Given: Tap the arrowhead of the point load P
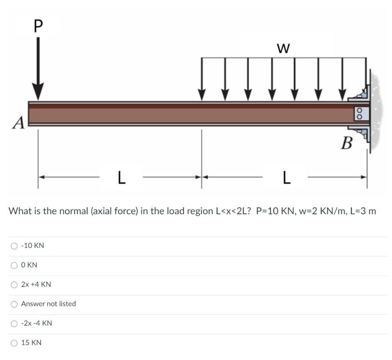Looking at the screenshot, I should point(38,92).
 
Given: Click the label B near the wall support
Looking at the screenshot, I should point(346,144).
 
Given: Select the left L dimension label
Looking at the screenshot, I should point(121,177).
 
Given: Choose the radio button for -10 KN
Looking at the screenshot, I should point(15,246).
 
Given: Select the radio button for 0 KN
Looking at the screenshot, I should point(15,265).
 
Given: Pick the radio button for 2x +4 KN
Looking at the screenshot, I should point(15,285).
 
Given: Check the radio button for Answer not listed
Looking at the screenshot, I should point(15,304).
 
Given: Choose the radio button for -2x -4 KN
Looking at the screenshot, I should point(15,324).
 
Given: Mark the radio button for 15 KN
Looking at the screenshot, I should point(15,343).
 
